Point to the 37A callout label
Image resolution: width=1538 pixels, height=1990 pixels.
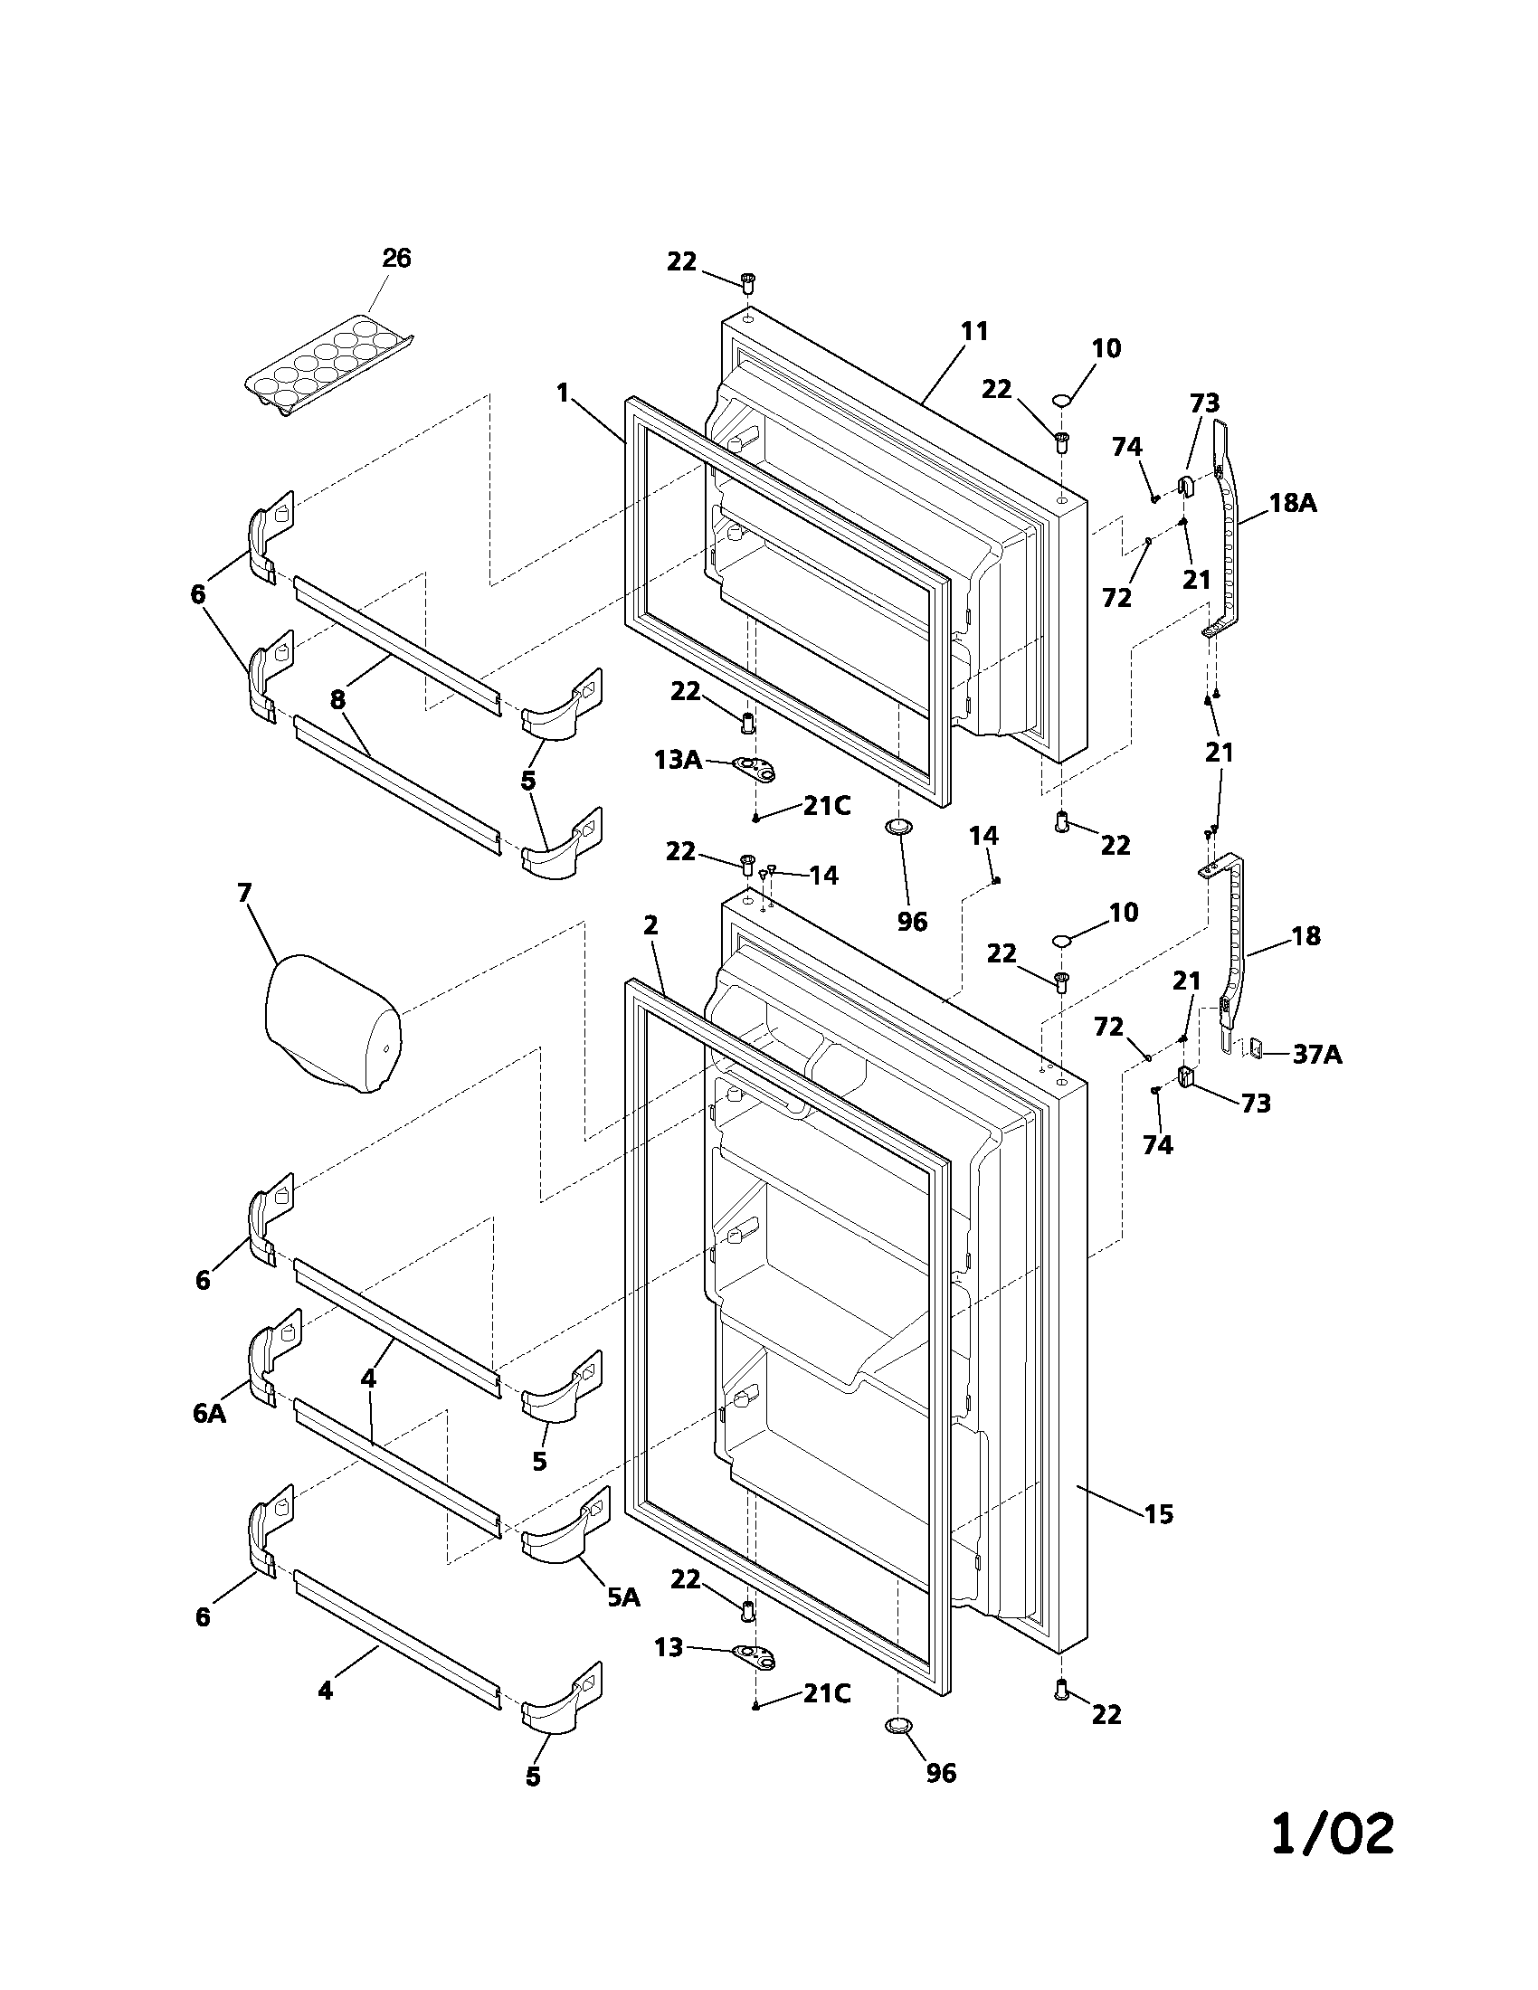[x=1316, y=1054]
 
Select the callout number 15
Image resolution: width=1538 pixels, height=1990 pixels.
[x=1158, y=1514]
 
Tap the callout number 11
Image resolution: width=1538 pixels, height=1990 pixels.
[x=974, y=331]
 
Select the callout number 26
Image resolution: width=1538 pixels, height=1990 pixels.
[x=396, y=259]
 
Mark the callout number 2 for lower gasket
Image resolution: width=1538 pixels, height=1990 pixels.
[x=650, y=925]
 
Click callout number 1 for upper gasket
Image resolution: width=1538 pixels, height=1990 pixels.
[x=563, y=393]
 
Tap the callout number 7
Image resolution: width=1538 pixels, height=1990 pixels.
[x=243, y=893]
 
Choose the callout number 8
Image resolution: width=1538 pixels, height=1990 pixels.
[x=338, y=700]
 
